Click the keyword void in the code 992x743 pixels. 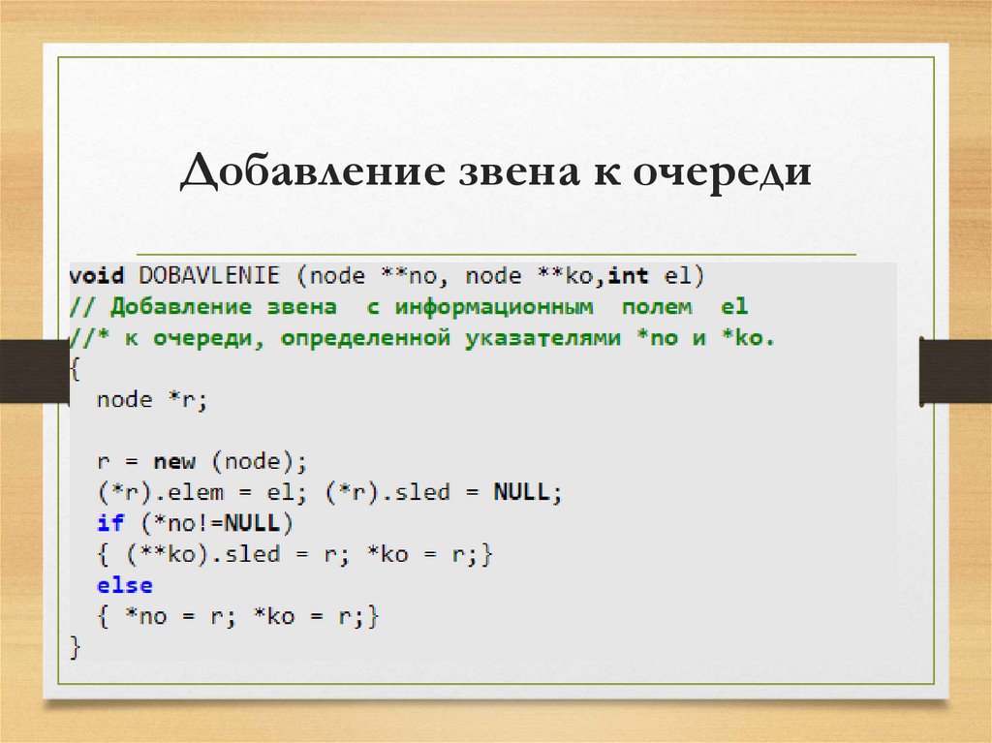click(97, 276)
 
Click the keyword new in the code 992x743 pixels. click(174, 461)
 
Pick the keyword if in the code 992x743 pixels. click(110, 523)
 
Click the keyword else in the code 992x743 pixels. click(124, 585)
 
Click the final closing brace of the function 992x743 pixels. click(76, 647)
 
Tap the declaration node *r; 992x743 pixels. click(152, 400)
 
